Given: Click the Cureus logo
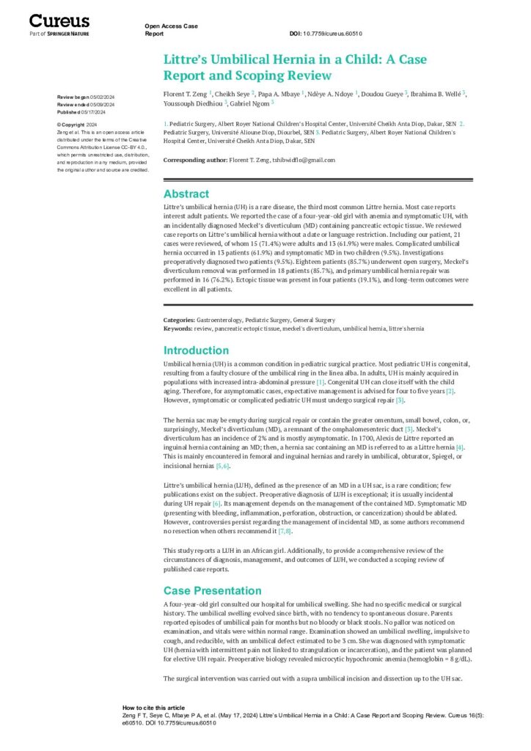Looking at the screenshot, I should click(x=59, y=21).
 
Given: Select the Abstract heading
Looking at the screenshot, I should click(x=186, y=194).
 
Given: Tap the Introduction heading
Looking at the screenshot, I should click(x=196, y=351).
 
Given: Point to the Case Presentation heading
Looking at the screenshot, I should click(x=212, y=590).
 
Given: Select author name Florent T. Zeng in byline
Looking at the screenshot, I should click(x=186, y=94).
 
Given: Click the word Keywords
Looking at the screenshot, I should click(x=179, y=328).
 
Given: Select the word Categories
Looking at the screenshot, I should click(x=179, y=320).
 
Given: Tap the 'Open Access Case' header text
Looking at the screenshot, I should click(x=172, y=26).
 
